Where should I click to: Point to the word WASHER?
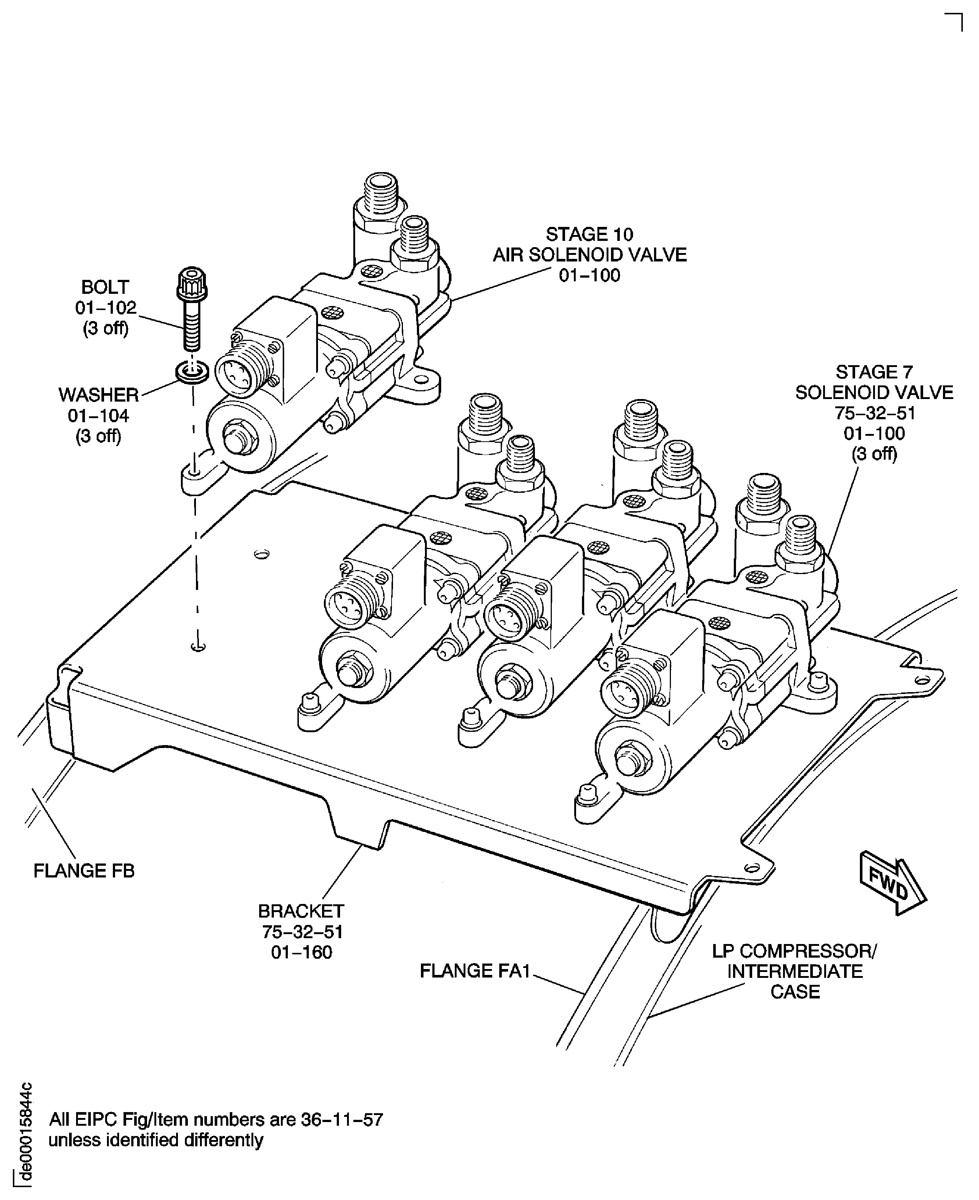99,395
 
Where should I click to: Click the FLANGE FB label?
84,871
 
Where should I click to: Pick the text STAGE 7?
874,372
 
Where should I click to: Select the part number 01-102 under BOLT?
106,307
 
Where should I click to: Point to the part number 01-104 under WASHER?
99,416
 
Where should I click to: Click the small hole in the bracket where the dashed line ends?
198,646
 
